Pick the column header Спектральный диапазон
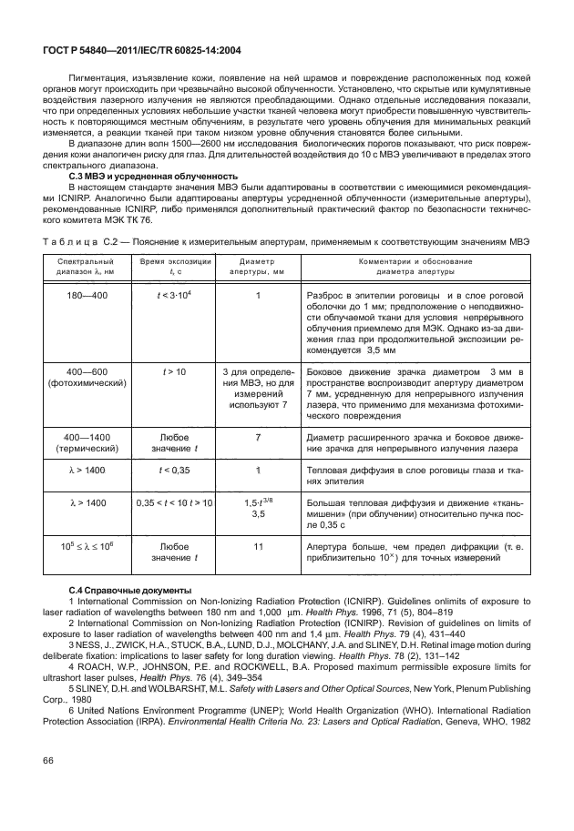tap(85, 266)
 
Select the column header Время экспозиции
tap(174, 266)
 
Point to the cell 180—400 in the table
tap(85, 296)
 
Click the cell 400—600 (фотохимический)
tap(85, 378)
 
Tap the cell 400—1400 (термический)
tap(85, 441)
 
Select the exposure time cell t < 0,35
tap(174, 471)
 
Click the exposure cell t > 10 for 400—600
tap(174, 372)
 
